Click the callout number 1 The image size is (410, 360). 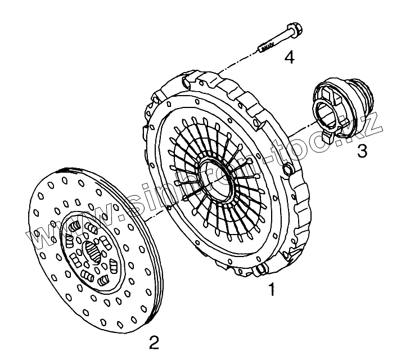(272, 290)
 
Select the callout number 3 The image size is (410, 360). (362, 150)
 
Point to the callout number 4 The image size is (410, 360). (289, 56)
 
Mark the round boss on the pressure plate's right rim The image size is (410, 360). (289, 170)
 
